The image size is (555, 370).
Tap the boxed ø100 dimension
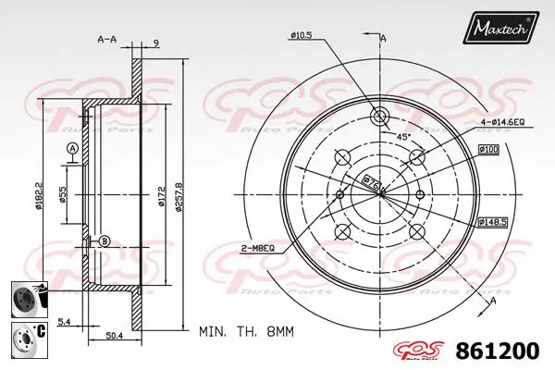(x=489, y=150)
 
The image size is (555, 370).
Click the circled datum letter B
(x=104, y=241)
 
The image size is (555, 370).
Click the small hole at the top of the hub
(x=380, y=117)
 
